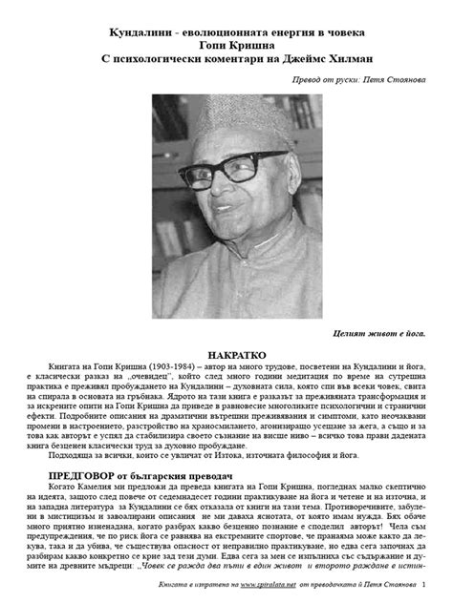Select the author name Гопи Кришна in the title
click(x=226, y=49)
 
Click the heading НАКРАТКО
click(x=226, y=353)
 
